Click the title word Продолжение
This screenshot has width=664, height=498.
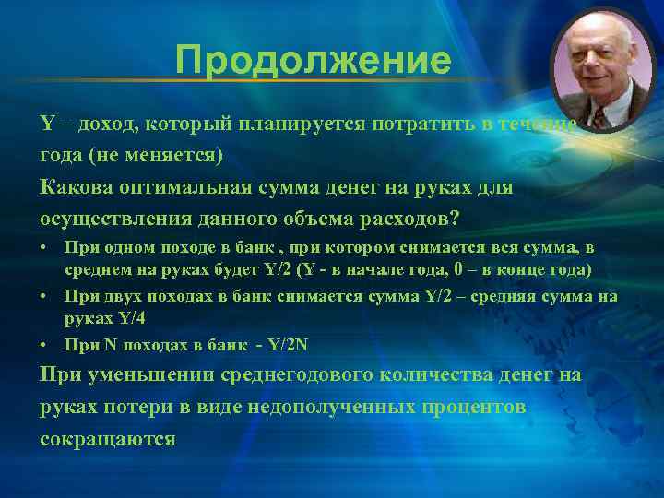pos(314,62)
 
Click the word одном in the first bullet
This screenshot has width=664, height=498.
pos(125,249)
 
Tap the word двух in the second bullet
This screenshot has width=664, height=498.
pos(123,297)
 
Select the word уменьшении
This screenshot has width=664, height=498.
pos(144,375)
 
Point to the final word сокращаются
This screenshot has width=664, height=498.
pos(108,439)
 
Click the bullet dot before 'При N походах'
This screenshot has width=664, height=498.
pos(45,345)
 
